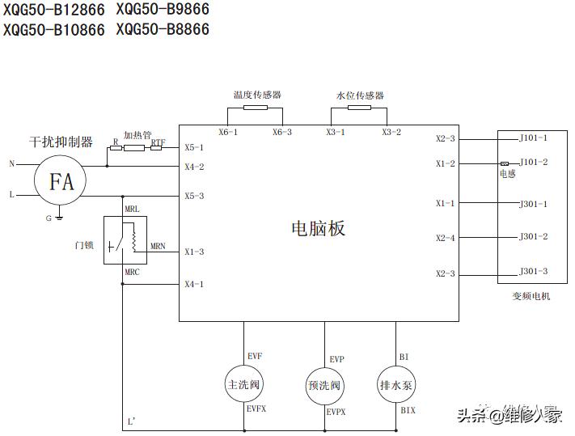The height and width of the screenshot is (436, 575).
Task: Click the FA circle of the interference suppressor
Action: [61, 181]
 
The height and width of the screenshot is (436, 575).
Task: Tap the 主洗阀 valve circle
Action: [244, 385]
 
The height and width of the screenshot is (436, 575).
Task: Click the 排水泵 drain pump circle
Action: [396, 385]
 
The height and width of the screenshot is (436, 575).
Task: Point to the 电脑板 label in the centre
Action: [318, 229]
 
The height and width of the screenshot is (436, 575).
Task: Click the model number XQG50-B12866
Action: [54, 11]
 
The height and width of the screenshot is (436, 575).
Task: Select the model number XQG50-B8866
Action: [163, 30]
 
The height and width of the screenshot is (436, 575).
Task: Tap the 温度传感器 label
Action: [257, 95]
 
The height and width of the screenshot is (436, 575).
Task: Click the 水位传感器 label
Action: [360, 95]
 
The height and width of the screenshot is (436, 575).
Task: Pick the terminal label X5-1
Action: [194, 147]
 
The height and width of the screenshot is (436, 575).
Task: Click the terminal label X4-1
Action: [194, 284]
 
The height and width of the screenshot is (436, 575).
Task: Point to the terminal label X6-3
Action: [281, 132]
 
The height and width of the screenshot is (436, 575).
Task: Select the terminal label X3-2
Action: [391, 132]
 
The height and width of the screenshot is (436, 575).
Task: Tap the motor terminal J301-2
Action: [534, 237]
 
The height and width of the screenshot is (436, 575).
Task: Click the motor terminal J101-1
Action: [533, 138]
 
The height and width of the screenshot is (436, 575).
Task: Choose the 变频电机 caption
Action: [531, 297]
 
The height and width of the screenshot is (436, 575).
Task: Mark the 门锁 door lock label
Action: [85, 243]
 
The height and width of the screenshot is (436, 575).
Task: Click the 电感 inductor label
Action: [508, 173]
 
